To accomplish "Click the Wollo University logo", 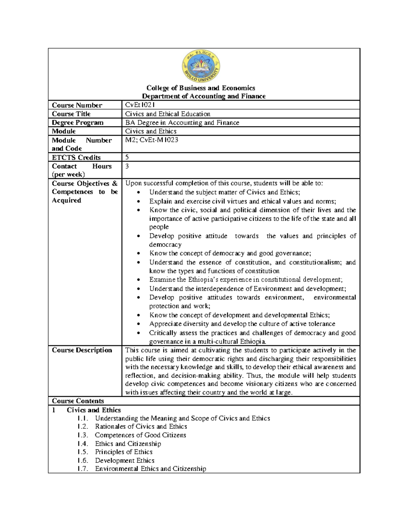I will [201, 66].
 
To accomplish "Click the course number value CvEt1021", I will [140, 105].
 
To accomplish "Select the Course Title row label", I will [71, 114].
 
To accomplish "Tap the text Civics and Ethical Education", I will [168, 114].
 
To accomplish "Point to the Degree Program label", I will [78, 122].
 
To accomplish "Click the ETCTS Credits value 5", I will [127, 157].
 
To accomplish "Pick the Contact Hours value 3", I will [127, 166].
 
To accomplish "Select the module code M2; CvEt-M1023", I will [152, 140].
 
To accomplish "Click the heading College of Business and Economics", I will [201, 88].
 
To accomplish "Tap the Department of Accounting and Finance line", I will [204, 96].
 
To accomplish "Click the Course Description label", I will [82, 350].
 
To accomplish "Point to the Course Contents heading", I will [78, 401].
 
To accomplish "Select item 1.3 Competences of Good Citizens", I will [140, 435].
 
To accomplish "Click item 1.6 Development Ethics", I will [124, 460].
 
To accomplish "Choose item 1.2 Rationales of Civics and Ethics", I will [141, 426].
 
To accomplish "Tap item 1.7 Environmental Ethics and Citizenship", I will [150, 469].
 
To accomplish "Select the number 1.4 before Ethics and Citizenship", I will [83, 444].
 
